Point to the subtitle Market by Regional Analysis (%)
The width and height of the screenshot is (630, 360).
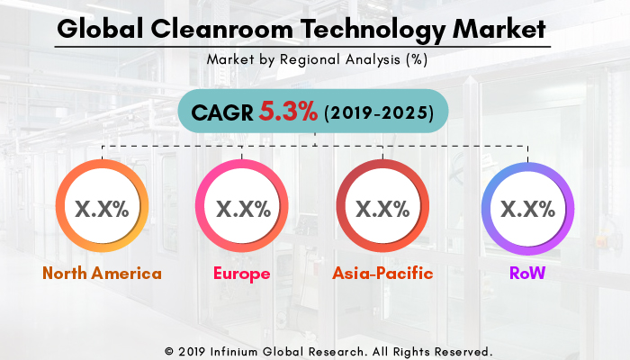point(315,60)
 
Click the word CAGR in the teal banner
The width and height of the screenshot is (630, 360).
point(221,113)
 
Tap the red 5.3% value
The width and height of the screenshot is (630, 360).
point(288,113)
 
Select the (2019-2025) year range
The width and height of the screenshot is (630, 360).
point(378,114)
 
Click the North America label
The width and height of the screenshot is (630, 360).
point(101,274)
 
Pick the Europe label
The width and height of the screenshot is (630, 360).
point(241,274)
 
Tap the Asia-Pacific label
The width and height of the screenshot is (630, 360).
point(382,274)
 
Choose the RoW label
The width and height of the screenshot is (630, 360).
point(526,274)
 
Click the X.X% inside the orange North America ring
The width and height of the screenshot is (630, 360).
point(101,209)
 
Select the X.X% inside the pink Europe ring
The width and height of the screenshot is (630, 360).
point(242,209)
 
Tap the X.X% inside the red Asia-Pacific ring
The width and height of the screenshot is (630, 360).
point(382,209)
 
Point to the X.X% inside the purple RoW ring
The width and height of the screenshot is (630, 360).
point(526,209)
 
